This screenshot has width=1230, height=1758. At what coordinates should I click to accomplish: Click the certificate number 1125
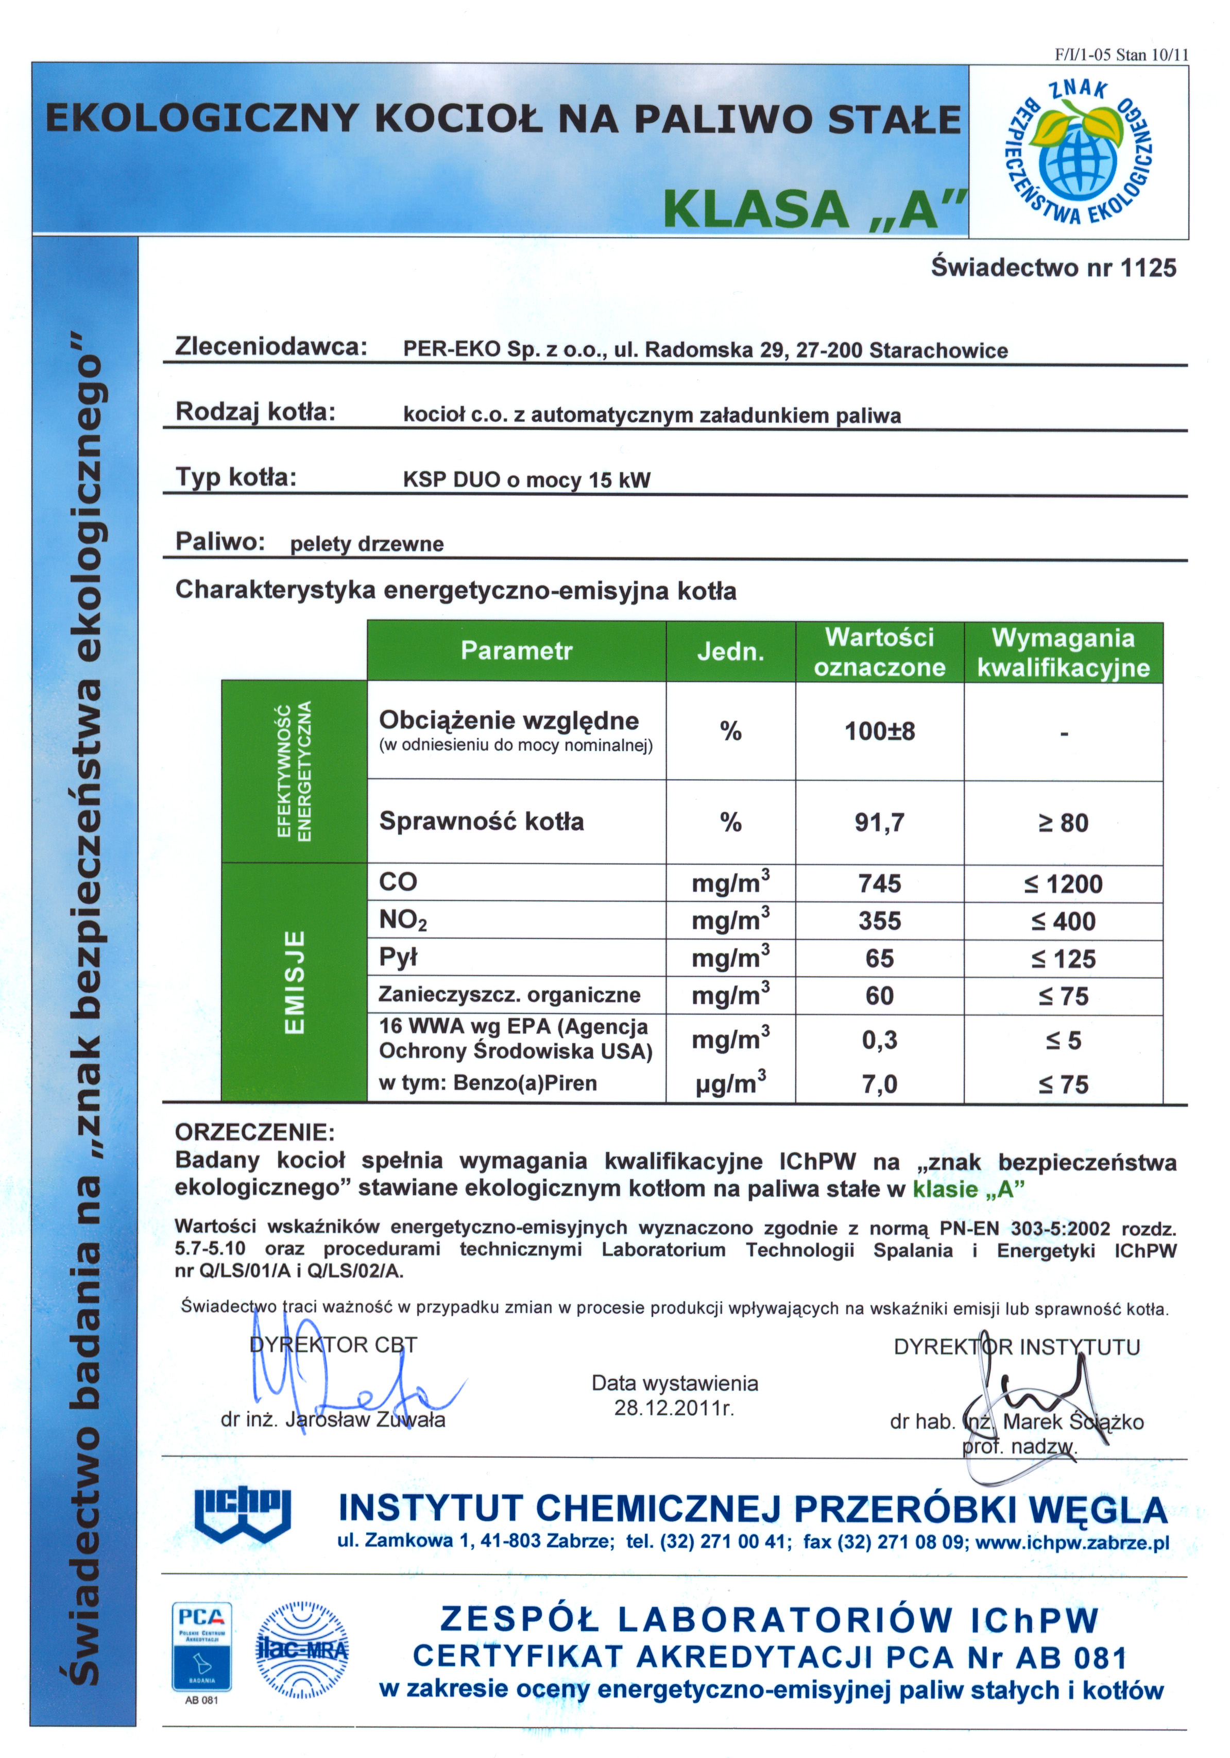coord(1148,268)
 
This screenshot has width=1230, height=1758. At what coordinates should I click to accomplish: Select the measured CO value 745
coord(879,883)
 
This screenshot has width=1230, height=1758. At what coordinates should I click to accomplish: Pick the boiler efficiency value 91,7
coord(879,823)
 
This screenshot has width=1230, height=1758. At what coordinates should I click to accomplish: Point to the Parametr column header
coord(516,651)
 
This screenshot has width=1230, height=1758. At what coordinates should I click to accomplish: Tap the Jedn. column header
coord(730,651)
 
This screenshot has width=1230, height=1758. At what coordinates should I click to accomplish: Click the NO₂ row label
coord(403,919)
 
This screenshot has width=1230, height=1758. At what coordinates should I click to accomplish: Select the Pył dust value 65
coord(879,959)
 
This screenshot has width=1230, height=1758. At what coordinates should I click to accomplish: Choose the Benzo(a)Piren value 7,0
coord(879,1084)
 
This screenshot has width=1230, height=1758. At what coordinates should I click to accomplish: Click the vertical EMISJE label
coord(295,982)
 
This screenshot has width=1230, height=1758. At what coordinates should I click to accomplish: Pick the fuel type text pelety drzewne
coord(367,544)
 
